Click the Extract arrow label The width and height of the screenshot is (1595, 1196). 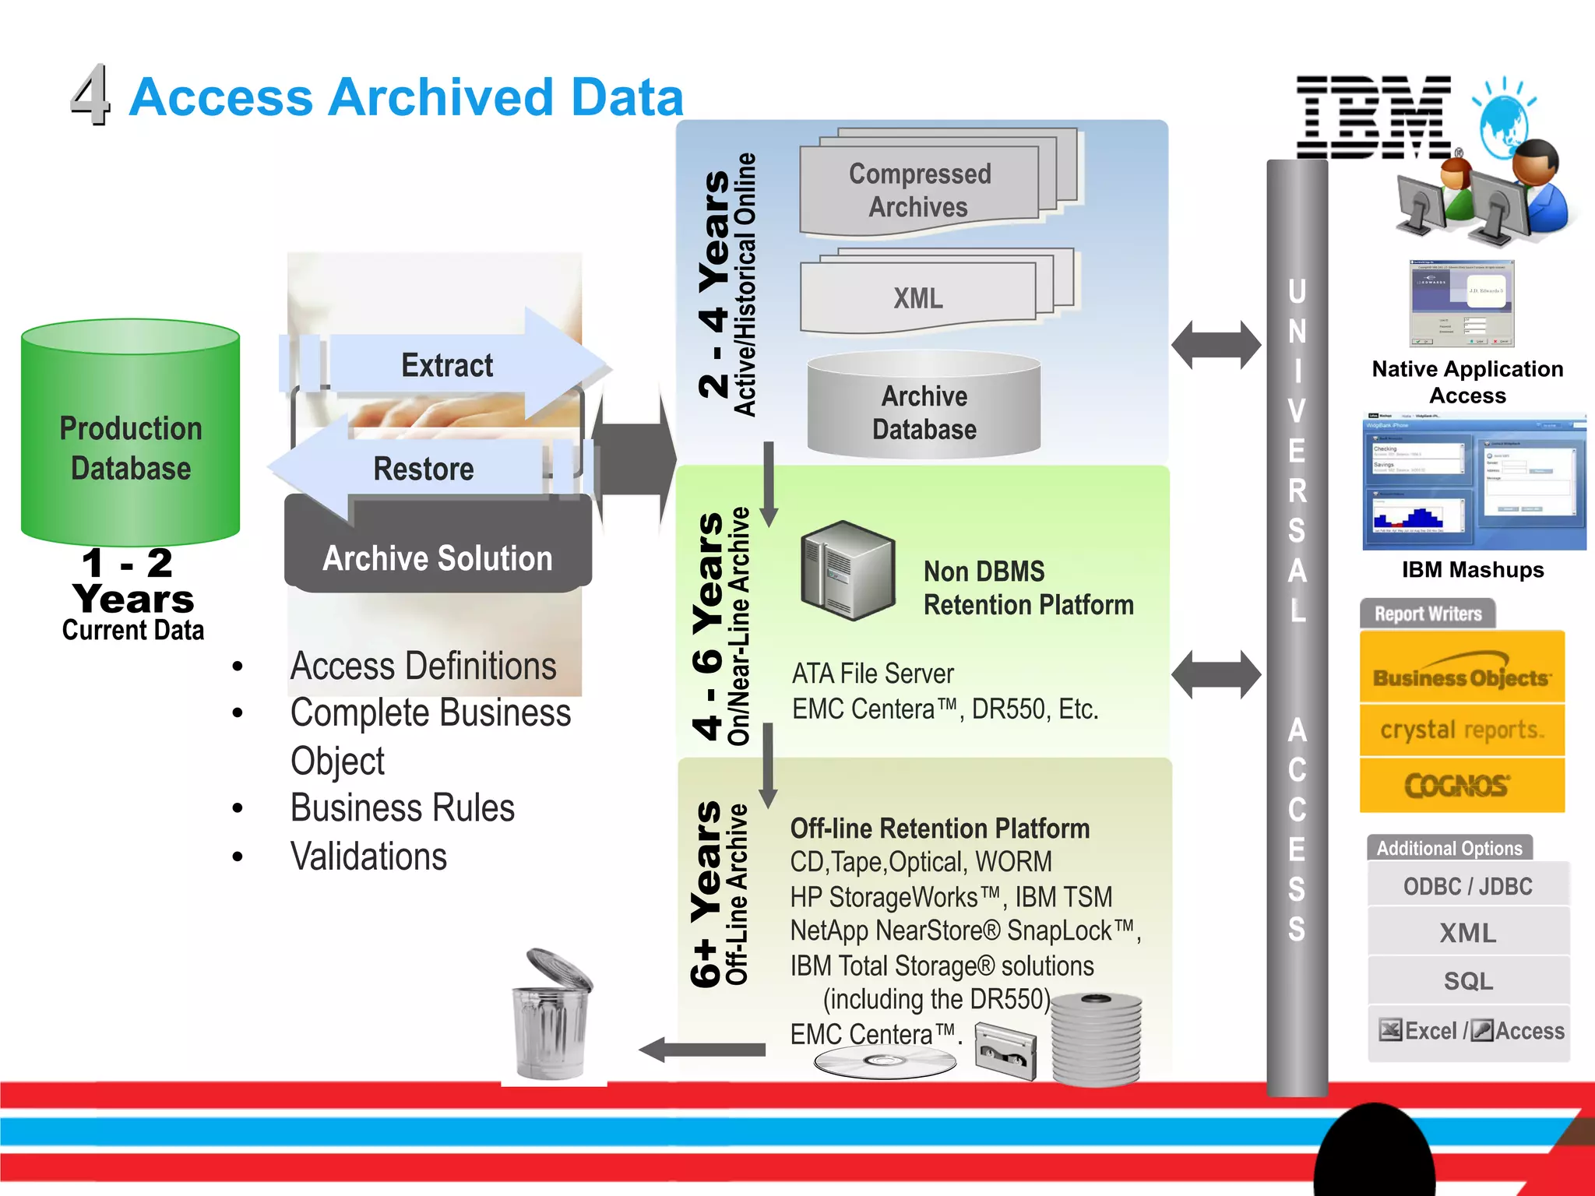[447, 365]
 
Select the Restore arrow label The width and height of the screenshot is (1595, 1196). [423, 469]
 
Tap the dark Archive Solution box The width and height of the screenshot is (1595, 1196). [438, 558]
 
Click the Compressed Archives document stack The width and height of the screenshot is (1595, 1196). [920, 190]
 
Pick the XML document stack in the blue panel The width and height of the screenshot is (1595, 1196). [919, 298]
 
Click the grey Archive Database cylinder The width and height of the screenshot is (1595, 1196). [924, 411]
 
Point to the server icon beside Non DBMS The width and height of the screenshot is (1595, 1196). [848, 571]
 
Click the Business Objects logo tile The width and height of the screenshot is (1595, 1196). [1462, 670]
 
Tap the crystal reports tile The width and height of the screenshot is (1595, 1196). [1462, 730]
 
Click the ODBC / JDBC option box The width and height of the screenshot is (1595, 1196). [1468, 886]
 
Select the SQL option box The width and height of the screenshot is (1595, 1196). [1468, 980]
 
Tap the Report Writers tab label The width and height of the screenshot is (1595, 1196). [1428, 614]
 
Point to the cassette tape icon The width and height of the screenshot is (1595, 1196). [1006, 1051]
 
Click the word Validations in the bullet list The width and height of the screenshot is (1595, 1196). [369, 857]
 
